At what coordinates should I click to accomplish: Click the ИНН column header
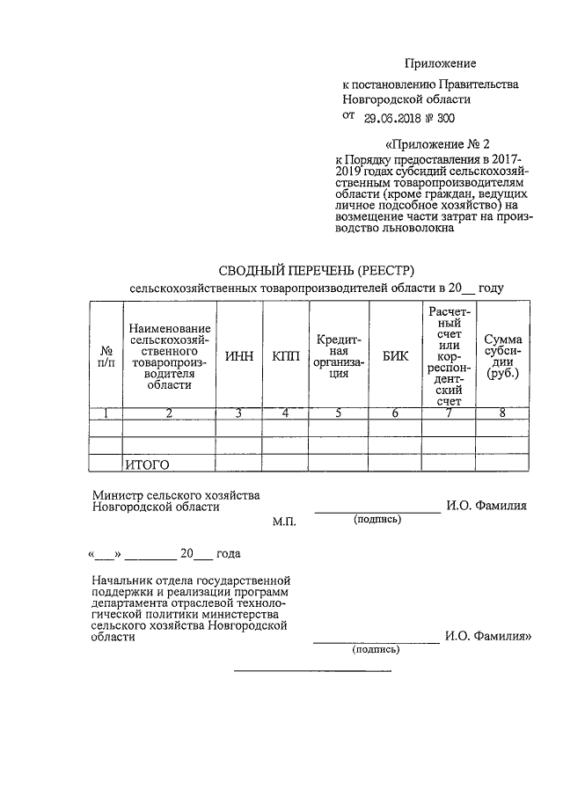[x=239, y=355]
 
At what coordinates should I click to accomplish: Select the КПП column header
[x=285, y=355]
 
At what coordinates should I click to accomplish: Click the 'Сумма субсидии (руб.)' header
[x=502, y=355]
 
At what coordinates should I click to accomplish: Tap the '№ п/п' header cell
[x=106, y=355]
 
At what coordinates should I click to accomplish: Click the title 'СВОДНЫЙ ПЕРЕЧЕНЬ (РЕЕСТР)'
[x=316, y=268]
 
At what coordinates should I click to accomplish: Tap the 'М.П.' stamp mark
[x=285, y=522]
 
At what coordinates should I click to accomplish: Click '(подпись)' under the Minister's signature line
[x=377, y=520]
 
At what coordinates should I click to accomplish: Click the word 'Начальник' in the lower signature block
[x=121, y=581]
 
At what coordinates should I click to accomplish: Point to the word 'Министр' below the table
[x=116, y=495]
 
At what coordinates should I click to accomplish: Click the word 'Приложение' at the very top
[x=440, y=63]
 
